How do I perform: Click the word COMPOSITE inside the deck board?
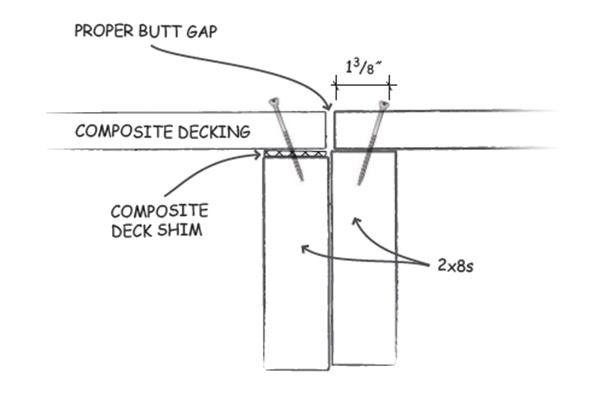click(x=118, y=131)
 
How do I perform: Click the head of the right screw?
click(x=384, y=104)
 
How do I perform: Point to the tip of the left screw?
click(x=300, y=180)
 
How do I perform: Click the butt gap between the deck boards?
click(x=330, y=130)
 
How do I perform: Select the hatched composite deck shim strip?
click(x=295, y=154)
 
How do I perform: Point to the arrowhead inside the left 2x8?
click(x=305, y=246)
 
